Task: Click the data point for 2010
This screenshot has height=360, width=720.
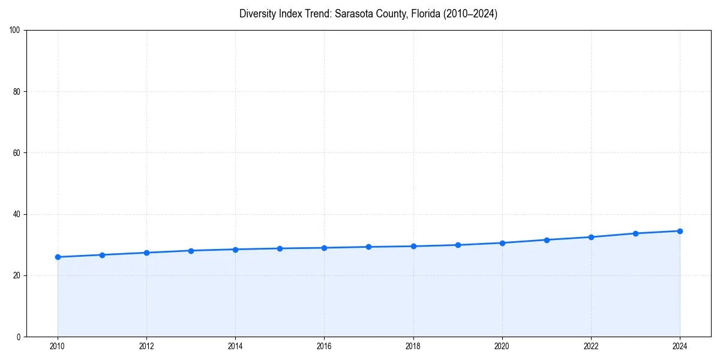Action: pyautogui.click(x=58, y=257)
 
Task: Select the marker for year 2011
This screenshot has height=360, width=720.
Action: pyautogui.click(x=102, y=255)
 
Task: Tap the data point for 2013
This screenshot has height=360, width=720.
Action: pyautogui.click(x=191, y=251)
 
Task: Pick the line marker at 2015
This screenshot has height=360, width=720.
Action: pyautogui.click(x=280, y=248)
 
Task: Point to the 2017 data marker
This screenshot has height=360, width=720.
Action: pyautogui.click(x=368, y=247)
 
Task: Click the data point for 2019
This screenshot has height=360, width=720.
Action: pyautogui.click(x=458, y=245)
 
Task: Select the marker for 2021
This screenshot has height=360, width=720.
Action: pyautogui.click(x=547, y=240)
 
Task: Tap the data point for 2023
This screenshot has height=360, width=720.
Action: pyautogui.click(x=635, y=233)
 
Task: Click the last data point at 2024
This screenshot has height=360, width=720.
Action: pyautogui.click(x=680, y=231)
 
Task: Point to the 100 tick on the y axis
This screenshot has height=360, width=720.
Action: pyautogui.click(x=16, y=30)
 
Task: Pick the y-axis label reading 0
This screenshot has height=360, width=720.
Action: pyautogui.click(x=19, y=337)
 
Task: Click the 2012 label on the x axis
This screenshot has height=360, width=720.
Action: pyautogui.click(x=146, y=346)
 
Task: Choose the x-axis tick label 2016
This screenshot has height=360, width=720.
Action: pyautogui.click(x=324, y=346)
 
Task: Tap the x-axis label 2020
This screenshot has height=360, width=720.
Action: pyautogui.click(x=502, y=346)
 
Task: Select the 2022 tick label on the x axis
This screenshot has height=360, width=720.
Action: pyautogui.click(x=591, y=346)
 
